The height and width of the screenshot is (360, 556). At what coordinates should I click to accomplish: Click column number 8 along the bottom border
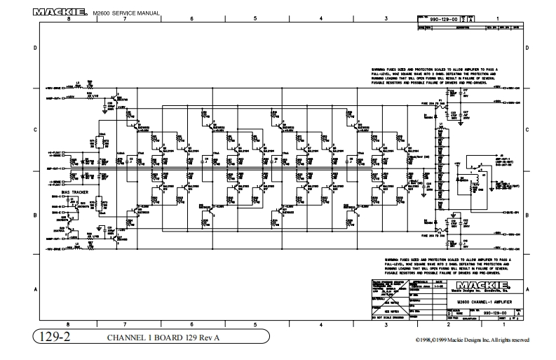coord(68,324)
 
